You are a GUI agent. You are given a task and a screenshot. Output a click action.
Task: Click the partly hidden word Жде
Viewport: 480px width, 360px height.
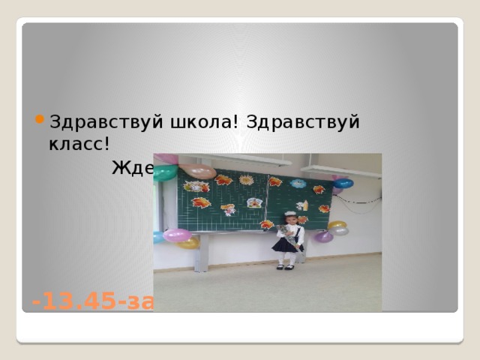click(133, 168)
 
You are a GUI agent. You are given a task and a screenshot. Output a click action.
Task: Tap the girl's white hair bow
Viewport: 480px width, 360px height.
click(289, 215)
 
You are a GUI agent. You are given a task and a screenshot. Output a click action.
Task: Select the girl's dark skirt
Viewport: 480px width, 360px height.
click(286, 244)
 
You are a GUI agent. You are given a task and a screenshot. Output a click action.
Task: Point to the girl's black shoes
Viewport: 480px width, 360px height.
click(284, 267)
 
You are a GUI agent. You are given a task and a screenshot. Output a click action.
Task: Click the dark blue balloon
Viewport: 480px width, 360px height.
click(343, 183)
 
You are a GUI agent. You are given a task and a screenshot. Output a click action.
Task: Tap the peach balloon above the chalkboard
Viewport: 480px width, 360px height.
click(199, 172)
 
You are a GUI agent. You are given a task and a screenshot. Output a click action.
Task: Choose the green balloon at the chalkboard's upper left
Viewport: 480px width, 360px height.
click(165, 172)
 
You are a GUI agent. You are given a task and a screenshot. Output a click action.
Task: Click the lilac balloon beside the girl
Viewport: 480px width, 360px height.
click(323, 236)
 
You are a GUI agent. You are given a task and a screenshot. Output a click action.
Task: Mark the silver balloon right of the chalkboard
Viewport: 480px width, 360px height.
click(341, 231)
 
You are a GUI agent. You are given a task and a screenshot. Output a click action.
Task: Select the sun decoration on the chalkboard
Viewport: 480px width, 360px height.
click(245, 180)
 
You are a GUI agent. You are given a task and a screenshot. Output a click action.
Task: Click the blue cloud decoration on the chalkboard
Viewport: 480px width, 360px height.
click(298, 184)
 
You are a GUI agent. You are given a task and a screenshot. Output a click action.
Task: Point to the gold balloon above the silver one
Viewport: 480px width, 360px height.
click(337, 224)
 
